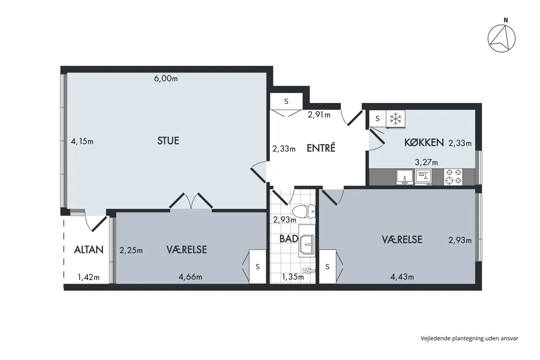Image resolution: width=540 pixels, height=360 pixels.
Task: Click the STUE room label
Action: coord(168,140)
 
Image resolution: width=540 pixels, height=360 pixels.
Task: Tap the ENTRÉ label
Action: coord(321,148)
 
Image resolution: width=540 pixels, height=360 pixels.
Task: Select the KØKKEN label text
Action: coord(424,142)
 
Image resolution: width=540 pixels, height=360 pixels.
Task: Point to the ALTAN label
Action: coord(89,249)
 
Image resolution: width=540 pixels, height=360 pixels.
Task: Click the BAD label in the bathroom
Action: coord(289,239)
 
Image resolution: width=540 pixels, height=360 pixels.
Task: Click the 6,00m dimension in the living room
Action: coord(166,79)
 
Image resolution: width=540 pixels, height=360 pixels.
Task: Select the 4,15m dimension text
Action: coord(82,141)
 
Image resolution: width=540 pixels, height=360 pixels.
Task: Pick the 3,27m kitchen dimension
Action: coord(426,163)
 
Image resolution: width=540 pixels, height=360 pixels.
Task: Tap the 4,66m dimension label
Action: coord(190,277)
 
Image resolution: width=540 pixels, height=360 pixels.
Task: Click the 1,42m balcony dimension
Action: coord(88,277)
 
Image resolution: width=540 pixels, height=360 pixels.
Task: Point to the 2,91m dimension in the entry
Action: coord(319,115)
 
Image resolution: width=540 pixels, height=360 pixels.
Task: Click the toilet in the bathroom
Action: coord(304,211)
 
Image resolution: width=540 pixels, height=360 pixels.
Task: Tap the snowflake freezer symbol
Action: coord(395,119)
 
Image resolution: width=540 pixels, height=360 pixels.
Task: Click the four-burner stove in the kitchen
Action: coord(453,176)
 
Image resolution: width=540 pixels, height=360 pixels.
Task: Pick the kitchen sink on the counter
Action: coord(405,177)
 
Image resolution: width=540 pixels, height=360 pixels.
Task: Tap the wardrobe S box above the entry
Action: coord(286,102)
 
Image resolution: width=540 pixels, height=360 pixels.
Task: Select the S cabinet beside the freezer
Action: coord(377,118)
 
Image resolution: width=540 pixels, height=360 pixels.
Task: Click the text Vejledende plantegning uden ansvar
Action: coord(470,338)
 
